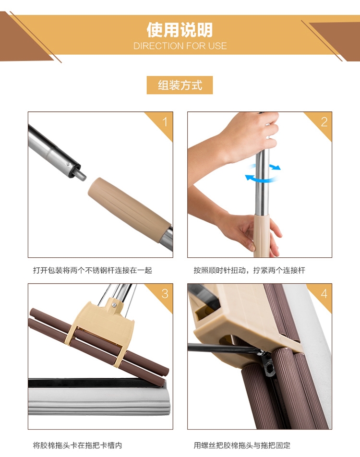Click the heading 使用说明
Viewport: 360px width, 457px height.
click(x=180, y=30)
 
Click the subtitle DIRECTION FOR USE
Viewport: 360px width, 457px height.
click(x=180, y=46)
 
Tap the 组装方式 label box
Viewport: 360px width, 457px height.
click(x=180, y=85)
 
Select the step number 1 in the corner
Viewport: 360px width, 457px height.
click(x=165, y=122)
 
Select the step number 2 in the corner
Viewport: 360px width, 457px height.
click(x=324, y=122)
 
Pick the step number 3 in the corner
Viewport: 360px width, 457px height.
click(x=165, y=293)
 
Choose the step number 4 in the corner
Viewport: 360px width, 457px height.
click(x=324, y=293)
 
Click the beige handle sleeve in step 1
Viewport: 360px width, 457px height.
click(x=129, y=207)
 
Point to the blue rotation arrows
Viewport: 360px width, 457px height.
click(x=263, y=173)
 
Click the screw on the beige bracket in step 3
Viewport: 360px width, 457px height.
click(x=114, y=305)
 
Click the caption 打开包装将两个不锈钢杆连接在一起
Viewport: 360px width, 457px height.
click(x=93, y=270)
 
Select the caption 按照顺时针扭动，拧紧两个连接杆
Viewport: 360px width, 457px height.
click(x=250, y=270)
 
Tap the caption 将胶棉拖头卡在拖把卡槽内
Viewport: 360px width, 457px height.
click(x=78, y=445)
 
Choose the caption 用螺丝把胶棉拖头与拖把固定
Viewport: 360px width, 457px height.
click(x=242, y=445)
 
